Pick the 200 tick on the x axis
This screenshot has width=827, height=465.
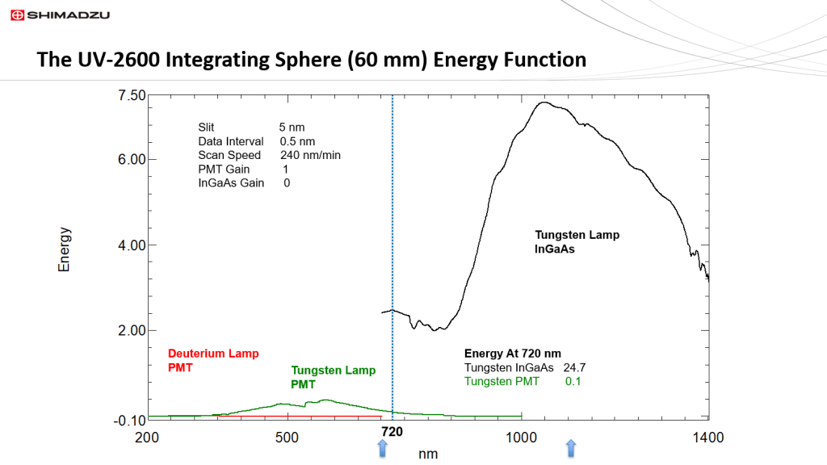click(147, 438)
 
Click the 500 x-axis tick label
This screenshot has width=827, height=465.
click(288, 438)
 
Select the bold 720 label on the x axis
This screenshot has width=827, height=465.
click(392, 432)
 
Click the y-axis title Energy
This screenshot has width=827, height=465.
click(65, 249)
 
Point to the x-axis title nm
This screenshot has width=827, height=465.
click(428, 454)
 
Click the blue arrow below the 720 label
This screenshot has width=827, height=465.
click(383, 449)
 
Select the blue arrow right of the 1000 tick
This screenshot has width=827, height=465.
click(571, 449)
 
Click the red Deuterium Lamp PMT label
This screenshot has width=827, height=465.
click(203, 361)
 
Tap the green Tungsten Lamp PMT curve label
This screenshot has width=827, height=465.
click(333, 378)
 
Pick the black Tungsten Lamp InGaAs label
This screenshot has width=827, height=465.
click(577, 242)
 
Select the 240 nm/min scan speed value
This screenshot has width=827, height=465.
click(311, 155)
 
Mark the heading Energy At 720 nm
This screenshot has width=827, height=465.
click(513, 353)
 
